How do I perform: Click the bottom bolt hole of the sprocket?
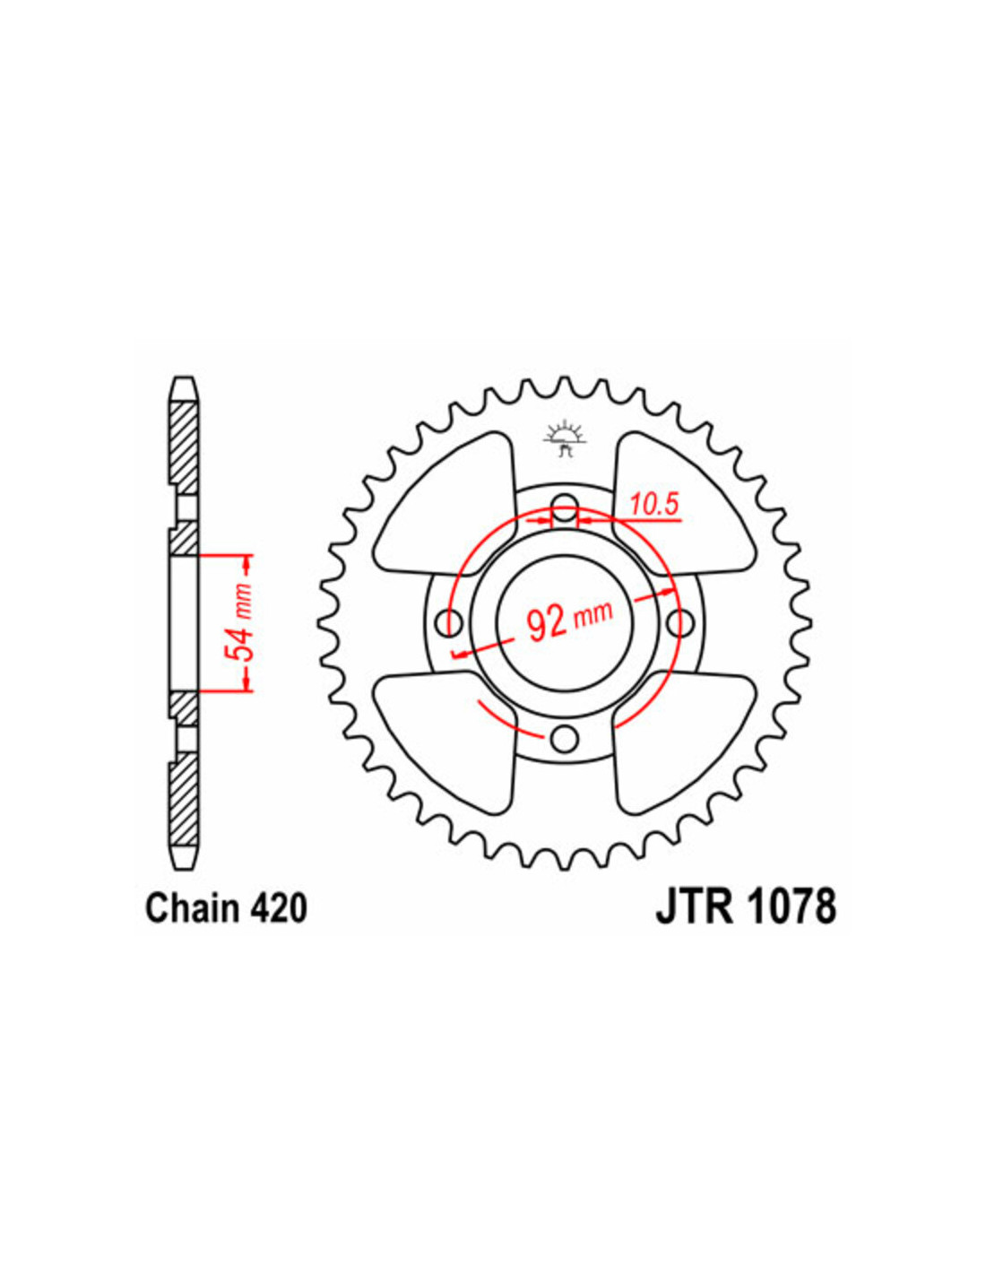tap(565, 738)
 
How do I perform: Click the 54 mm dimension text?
tap(241, 622)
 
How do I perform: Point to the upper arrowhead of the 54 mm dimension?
tap(246, 565)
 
